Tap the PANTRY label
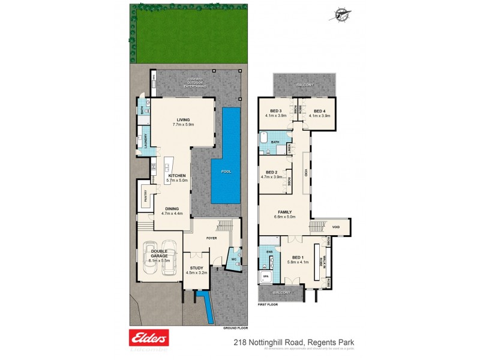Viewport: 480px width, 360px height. (x=145, y=196)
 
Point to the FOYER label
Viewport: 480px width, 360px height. (x=211, y=238)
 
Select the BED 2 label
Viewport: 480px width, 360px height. (x=272, y=173)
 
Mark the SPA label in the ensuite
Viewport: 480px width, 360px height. (x=266, y=277)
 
